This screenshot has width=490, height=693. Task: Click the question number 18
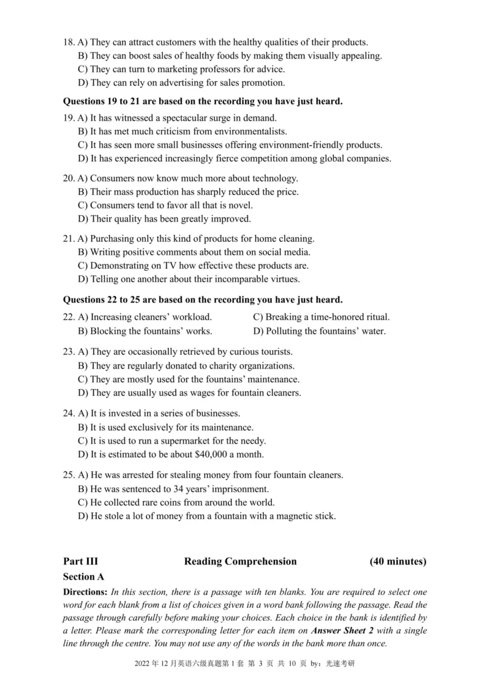pos(69,42)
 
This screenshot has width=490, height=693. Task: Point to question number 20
pos(69,179)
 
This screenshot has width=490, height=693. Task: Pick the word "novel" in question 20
pos(239,206)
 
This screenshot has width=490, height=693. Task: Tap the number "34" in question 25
pos(179,489)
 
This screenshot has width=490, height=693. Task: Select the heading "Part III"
pos(80,561)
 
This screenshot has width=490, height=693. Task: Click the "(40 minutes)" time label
pos(398,561)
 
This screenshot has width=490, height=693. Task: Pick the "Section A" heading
pos(83,577)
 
